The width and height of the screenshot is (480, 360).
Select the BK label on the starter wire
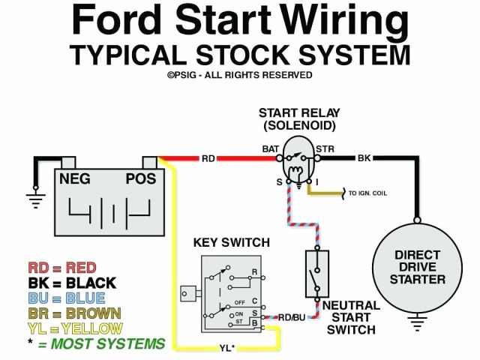coord(364,158)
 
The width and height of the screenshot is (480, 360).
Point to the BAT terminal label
coord(271,148)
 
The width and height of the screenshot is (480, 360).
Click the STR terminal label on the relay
coord(325,148)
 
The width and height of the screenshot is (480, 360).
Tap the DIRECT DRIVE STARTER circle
coord(420,267)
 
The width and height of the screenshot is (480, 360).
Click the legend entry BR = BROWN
coord(75,313)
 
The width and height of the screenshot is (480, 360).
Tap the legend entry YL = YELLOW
coord(75,328)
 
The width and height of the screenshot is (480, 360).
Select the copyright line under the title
coord(240,75)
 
